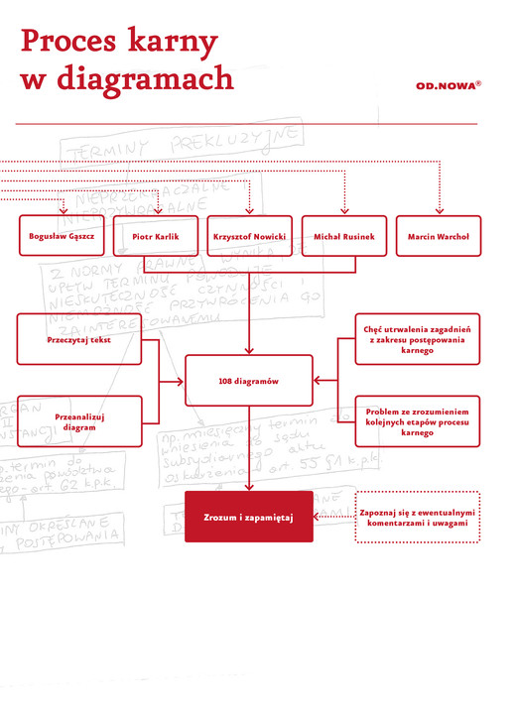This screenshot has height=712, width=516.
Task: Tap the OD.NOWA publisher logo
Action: click(448, 85)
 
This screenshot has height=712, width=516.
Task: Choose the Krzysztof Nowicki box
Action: click(249, 237)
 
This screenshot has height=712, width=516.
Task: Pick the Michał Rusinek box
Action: click(344, 237)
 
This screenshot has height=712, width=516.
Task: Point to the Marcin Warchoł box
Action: click(439, 237)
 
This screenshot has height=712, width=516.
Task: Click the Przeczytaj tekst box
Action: click(78, 339)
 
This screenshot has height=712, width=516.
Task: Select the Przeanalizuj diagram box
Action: click(78, 421)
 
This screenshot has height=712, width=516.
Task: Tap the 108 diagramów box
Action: click(248, 380)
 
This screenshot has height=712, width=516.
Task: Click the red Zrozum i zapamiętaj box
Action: click(248, 517)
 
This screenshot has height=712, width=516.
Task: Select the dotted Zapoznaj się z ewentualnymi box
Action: click(418, 517)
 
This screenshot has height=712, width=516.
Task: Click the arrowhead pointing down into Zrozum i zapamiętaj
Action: click(248, 486)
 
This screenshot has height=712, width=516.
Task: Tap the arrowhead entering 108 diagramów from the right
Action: click(318, 380)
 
